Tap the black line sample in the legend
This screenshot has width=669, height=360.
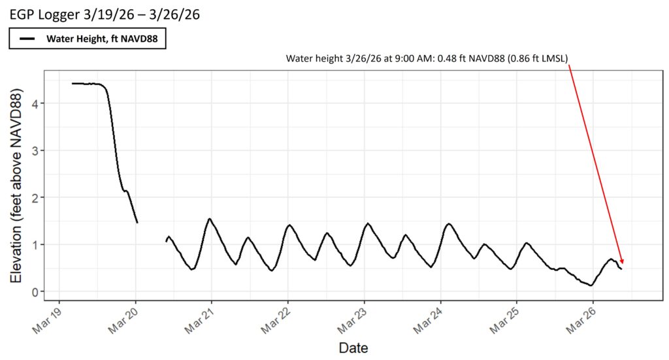click(x=27, y=39)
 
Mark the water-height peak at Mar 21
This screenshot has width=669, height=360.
click(x=210, y=219)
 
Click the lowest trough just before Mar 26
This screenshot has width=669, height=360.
click(x=591, y=286)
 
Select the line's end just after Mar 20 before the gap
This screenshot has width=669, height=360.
click(x=137, y=223)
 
